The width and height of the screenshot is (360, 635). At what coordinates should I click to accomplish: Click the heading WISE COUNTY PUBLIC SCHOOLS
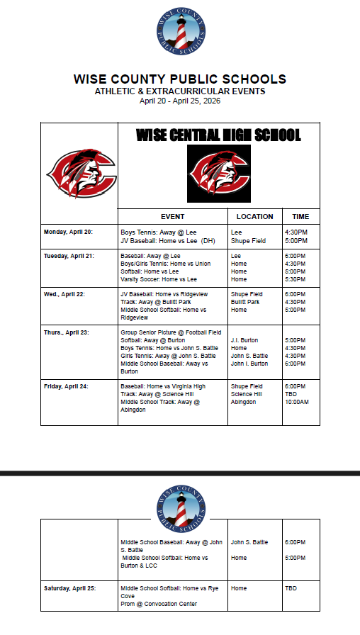click(x=180, y=79)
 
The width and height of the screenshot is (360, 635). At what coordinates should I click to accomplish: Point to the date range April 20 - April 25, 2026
click(x=180, y=101)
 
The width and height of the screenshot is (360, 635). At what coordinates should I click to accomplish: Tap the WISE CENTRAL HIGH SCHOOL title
click(x=218, y=135)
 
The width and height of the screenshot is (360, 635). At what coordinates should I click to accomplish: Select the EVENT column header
click(x=172, y=217)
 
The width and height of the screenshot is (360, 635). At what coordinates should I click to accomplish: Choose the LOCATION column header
click(x=254, y=217)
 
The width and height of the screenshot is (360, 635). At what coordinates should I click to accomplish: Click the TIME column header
click(x=300, y=217)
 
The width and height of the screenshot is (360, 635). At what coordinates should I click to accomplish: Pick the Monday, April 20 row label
click(x=68, y=232)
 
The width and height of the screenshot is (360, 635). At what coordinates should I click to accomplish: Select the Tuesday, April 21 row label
click(x=69, y=255)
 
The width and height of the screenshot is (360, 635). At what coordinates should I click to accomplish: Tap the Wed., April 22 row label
click(x=64, y=294)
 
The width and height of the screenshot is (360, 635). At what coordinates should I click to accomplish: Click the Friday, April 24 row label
click(x=66, y=386)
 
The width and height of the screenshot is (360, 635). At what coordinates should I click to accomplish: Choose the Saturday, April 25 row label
click(x=69, y=588)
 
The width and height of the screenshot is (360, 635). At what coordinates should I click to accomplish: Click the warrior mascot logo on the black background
click(x=218, y=174)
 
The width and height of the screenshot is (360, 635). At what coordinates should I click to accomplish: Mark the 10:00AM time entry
click(x=296, y=403)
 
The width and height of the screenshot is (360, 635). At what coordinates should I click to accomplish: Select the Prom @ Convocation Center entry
click(x=159, y=604)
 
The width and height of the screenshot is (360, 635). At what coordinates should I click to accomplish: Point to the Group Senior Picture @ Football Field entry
click(x=171, y=332)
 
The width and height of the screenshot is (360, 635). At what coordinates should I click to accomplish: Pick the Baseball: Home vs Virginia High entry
click(x=163, y=386)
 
